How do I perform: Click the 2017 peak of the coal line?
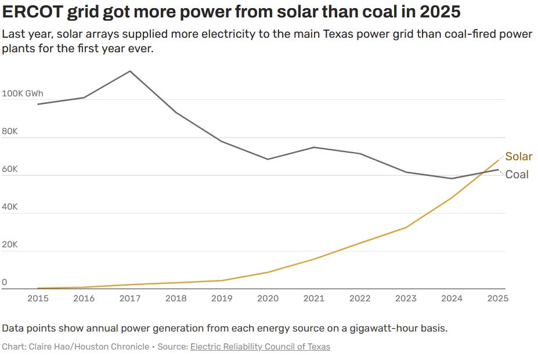click(x=129, y=71)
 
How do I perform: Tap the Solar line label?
click(x=518, y=156)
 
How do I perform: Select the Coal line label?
click(x=517, y=174)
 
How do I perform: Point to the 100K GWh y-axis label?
click(x=23, y=93)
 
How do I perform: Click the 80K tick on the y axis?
click(x=10, y=132)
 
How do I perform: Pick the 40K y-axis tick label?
click(x=10, y=207)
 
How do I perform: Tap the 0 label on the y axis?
click(x=5, y=283)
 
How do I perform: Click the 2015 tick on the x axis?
click(x=38, y=298)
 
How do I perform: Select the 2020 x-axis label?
click(x=268, y=298)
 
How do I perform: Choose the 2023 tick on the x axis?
click(x=406, y=298)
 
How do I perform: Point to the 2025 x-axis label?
click(x=497, y=298)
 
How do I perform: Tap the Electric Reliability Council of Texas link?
click(x=260, y=347)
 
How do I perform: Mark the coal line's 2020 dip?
click(x=268, y=159)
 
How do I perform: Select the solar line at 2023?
click(x=406, y=227)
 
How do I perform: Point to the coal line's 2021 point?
click(x=314, y=147)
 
